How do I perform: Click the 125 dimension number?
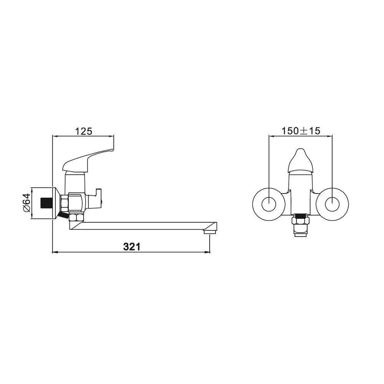(x=83, y=131)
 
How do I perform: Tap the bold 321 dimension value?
(x=132, y=247)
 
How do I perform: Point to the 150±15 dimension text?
(x=301, y=131)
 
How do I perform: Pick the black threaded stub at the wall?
(x=46, y=203)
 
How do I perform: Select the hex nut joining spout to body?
(x=76, y=217)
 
